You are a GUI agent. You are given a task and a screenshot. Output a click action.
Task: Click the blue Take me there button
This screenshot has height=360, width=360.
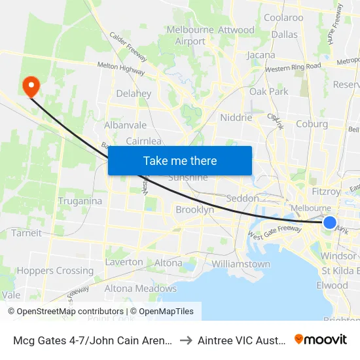[180, 160]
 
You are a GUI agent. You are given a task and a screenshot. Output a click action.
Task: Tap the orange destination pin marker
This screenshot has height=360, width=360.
[31, 86]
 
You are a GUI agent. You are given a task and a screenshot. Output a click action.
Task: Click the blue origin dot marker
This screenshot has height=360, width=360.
[331, 223]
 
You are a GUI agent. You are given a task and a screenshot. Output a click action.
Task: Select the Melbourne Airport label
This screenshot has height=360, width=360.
[190, 35]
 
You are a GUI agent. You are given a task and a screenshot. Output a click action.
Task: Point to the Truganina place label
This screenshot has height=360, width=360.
[80, 201]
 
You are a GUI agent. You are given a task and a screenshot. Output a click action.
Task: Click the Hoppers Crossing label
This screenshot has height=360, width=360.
[55, 270]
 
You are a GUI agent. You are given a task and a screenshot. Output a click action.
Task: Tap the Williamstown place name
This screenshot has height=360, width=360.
[241, 264]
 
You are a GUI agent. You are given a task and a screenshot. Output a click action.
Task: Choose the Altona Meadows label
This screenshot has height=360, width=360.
[141, 288]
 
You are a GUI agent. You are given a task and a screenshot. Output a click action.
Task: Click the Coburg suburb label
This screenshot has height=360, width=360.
[312, 124]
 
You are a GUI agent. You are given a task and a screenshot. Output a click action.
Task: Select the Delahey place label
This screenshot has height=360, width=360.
[134, 94]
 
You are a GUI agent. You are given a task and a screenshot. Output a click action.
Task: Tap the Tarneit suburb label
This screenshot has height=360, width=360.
[26, 232]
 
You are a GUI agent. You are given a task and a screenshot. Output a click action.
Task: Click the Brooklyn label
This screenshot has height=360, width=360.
[194, 209]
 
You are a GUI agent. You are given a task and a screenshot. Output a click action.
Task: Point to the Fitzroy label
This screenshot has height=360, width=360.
[327, 192]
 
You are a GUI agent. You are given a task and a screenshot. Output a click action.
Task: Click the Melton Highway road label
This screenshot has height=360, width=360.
[121, 65]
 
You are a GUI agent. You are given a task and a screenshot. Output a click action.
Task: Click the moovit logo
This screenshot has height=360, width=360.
[321, 339]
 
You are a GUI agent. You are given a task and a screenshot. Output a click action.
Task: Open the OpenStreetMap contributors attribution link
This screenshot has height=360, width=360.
[68, 312]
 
